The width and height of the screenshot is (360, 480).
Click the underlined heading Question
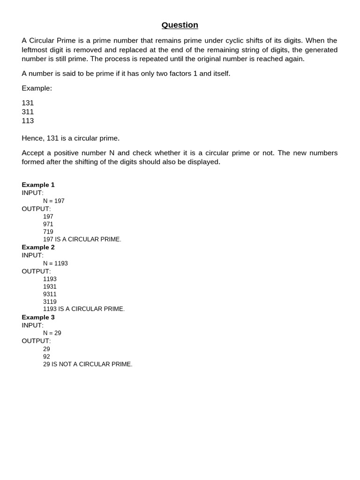(180, 25)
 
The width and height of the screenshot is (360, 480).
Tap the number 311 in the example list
(28, 112)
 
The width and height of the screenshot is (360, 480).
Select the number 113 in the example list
(28, 120)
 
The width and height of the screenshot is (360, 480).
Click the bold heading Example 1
(38, 185)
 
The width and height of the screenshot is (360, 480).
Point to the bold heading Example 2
(38, 247)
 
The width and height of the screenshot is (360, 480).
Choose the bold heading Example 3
(38, 317)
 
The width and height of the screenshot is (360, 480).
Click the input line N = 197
(54, 201)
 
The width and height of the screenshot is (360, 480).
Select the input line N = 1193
(55, 263)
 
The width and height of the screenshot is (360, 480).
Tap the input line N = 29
(52, 333)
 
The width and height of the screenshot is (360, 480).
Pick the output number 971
(48, 224)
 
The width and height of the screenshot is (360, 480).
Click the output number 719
(48, 232)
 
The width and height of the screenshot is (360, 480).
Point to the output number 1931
(50, 286)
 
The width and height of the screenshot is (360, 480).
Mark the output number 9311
(50, 294)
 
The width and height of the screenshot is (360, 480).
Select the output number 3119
(50, 301)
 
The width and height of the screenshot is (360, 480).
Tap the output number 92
(46, 357)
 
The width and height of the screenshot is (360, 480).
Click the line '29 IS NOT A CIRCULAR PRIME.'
(88, 364)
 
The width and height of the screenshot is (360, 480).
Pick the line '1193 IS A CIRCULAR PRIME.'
(84, 309)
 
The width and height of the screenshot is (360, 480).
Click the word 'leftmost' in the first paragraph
(36, 50)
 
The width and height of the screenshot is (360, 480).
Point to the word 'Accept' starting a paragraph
(33, 153)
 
